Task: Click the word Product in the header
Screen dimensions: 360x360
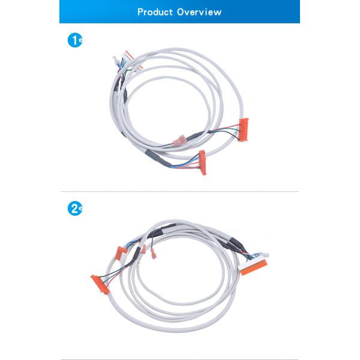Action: click(155, 12)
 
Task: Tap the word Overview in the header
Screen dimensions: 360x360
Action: click(199, 12)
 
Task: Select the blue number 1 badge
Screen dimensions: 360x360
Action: click(74, 40)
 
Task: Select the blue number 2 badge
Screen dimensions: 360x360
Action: click(74, 208)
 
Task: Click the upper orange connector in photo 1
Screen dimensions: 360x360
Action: click(244, 130)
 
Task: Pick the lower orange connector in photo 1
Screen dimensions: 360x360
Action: click(203, 163)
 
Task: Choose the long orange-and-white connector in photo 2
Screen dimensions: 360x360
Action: click(253, 267)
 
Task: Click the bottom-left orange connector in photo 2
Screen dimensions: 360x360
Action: click(100, 284)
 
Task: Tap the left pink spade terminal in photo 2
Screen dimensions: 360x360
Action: click(144, 249)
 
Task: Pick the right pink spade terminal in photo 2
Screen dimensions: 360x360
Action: click(153, 254)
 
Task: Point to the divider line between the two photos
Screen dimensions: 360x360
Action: click(179, 191)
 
